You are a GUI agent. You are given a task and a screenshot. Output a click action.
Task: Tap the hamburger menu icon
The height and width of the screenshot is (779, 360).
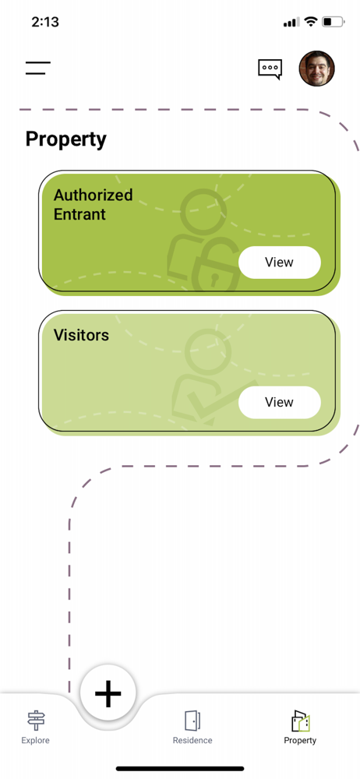(38, 68)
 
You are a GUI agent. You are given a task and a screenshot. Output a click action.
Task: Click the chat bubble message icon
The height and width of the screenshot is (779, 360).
(270, 69)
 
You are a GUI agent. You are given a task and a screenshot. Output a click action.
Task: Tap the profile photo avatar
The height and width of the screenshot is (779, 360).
(316, 69)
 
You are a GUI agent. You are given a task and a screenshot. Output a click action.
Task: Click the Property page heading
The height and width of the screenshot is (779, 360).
(65, 139)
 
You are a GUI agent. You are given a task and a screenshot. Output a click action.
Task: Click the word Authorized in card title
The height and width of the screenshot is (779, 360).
(93, 195)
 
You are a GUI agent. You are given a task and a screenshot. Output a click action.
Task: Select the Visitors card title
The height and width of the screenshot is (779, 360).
(81, 335)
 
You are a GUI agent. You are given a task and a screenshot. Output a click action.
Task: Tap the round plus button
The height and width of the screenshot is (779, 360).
(108, 693)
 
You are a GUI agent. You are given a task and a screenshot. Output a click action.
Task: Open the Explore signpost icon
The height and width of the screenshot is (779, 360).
(35, 721)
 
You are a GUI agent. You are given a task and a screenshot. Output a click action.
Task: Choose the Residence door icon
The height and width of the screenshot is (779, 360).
(192, 721)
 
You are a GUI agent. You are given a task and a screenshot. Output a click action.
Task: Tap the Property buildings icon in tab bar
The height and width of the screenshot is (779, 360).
(300, 721)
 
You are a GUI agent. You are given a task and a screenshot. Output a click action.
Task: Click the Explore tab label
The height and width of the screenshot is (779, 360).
(35, 740)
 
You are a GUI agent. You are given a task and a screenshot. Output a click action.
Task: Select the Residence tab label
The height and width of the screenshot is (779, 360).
(192, 740)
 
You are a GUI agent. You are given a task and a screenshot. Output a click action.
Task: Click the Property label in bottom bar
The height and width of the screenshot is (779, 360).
(300, 741)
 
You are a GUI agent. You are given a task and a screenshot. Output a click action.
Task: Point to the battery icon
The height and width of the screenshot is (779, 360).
(334, 22)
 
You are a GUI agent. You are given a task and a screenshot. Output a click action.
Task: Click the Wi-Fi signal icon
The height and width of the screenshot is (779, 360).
(311, 21)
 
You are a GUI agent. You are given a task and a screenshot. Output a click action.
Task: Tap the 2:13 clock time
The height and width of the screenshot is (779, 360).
(44, 22)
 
